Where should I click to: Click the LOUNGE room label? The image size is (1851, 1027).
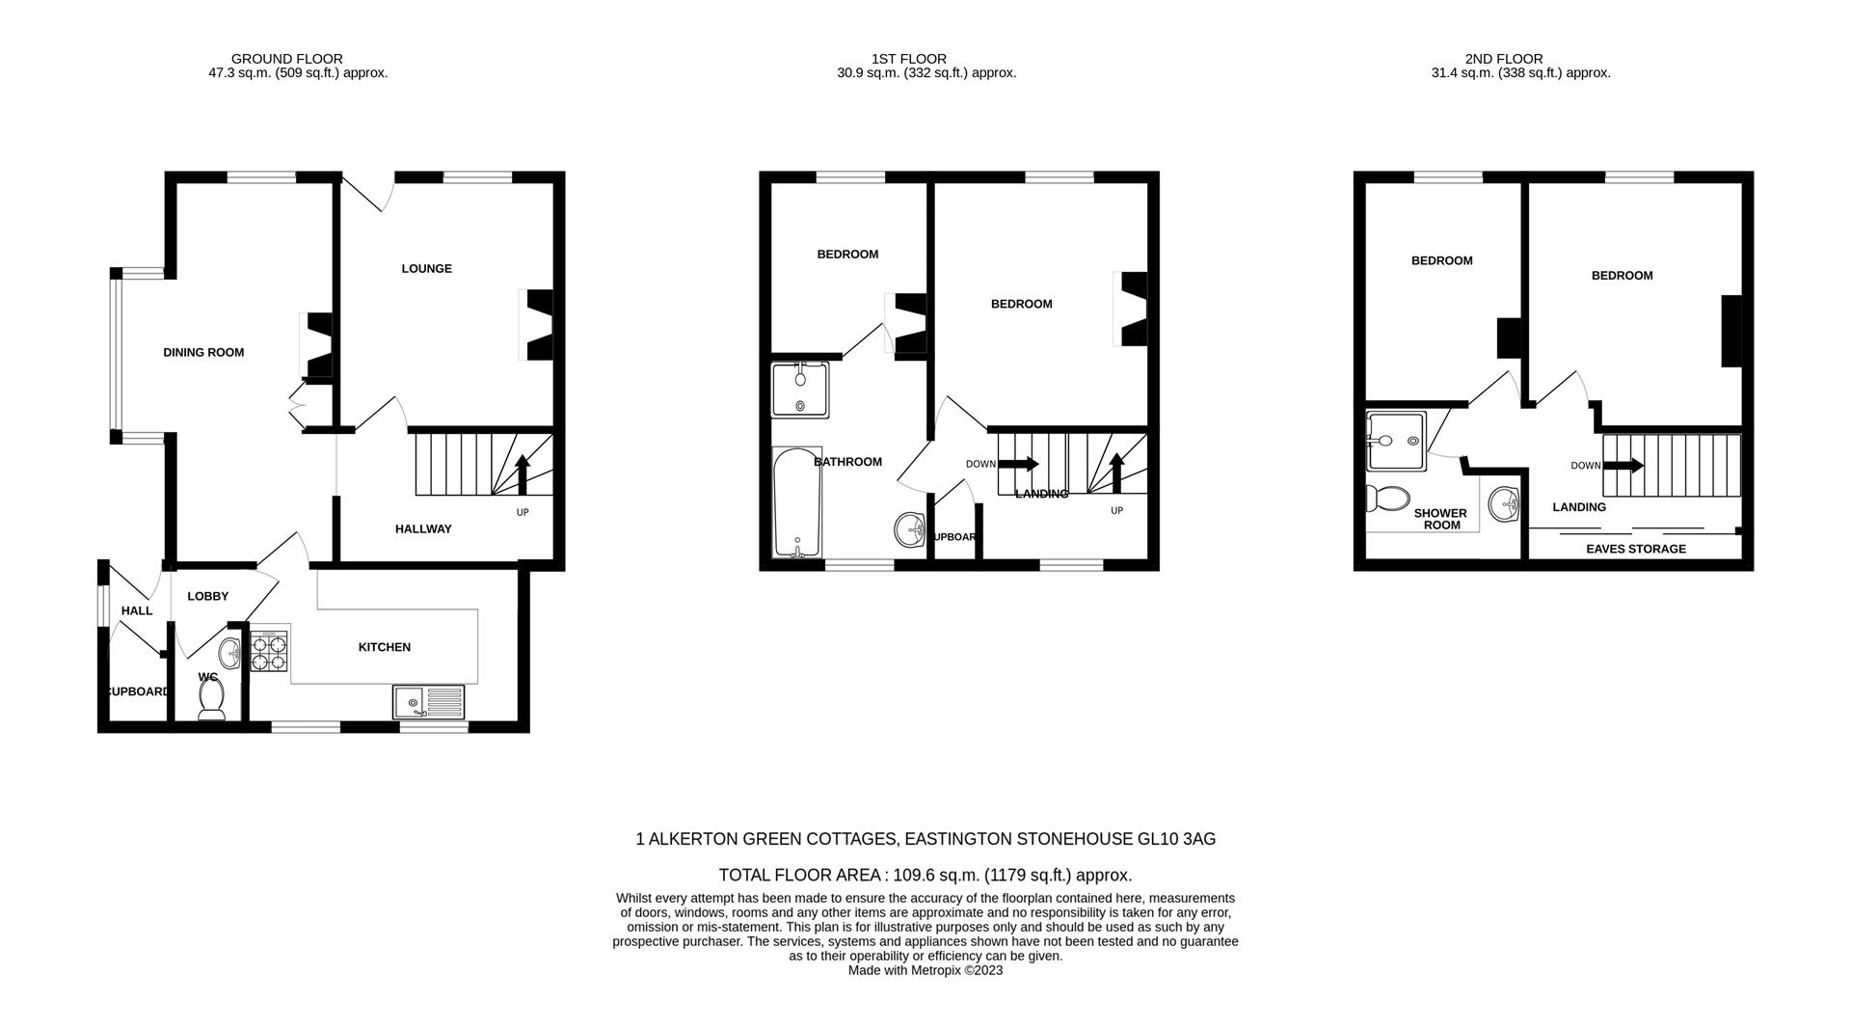426,269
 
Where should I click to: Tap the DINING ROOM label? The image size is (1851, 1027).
203,353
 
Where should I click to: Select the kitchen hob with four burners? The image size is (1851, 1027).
269,651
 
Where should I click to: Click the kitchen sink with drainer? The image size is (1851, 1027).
428,701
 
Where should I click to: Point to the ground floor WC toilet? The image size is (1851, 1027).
211,699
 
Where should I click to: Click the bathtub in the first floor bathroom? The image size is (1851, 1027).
797,501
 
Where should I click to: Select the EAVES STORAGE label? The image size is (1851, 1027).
1636,549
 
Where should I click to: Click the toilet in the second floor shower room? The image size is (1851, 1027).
1386,499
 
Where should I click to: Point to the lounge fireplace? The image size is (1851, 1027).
537,325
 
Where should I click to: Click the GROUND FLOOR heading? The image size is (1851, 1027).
286,59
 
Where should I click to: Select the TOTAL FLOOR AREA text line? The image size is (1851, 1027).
925,876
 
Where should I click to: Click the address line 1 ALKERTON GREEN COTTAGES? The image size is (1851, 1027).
925,839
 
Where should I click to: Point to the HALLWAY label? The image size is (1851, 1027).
423,529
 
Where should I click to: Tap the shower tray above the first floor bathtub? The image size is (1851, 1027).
800,390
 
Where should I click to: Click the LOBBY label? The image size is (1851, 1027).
207,597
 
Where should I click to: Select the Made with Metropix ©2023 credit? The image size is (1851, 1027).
925,971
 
